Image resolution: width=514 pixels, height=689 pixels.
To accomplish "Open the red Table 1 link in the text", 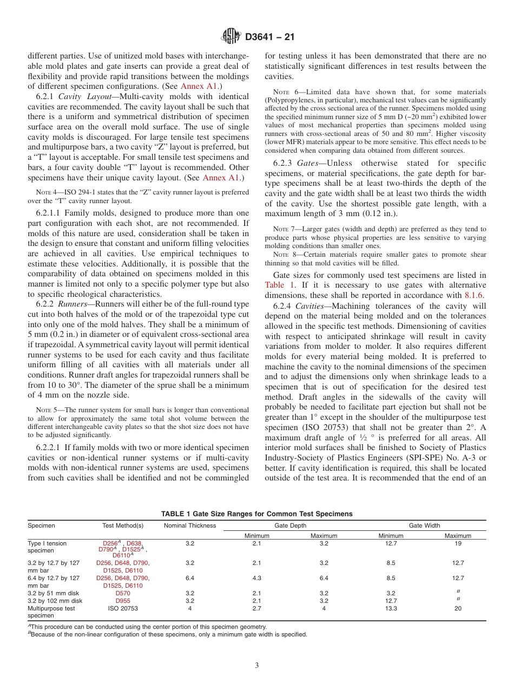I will click(278, 285).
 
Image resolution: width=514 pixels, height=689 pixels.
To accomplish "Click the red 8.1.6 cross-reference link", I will click(475, 295).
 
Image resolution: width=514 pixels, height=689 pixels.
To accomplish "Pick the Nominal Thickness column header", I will click(189, 525).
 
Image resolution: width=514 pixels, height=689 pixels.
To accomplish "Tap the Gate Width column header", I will click(424, 525).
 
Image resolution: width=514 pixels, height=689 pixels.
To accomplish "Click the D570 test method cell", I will click(123, 593).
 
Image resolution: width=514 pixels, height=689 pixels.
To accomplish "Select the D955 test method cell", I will click(123, 601).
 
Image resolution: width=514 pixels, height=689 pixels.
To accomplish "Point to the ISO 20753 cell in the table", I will click(123, 608).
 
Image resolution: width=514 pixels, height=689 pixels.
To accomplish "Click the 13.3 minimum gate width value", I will click(391, 608).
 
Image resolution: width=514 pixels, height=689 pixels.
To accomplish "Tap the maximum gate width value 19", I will click(458, 543).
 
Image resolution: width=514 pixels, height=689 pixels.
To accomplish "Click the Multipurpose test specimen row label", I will click(51, 612).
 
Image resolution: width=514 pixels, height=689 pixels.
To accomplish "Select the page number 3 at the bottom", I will click(257, 665).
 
